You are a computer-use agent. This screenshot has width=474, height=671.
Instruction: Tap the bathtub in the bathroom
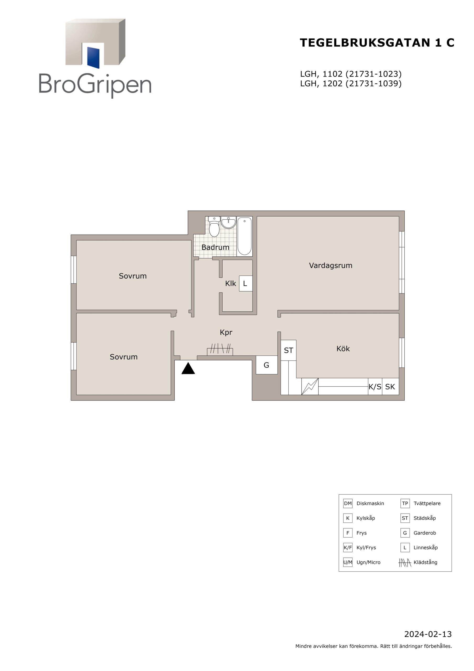tap(244, 236)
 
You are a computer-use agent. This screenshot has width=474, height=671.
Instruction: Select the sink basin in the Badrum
tap(228, 223)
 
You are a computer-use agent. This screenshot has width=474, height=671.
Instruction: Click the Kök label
tap(343, 348)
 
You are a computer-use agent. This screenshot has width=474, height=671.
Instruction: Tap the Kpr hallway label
tap(226, 332)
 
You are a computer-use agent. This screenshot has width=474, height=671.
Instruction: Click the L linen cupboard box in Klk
tap(246, 284)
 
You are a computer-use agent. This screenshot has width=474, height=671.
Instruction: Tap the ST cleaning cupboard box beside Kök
tap(289, 350)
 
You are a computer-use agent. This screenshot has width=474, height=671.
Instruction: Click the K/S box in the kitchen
tap(375, 387)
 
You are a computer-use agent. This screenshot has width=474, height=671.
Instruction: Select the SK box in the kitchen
tap(390, 387)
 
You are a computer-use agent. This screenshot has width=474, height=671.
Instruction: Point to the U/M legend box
tap(348, 562)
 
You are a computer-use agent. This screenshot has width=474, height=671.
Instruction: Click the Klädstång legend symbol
tap(405, 562)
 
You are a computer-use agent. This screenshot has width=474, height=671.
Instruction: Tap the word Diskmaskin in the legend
tap(370, 503)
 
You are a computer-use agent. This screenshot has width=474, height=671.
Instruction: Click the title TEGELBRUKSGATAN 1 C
tap(377, 43)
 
